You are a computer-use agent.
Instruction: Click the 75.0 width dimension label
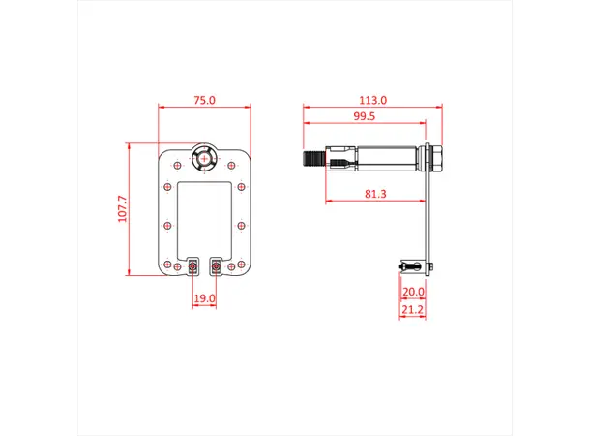(x=204, y=100)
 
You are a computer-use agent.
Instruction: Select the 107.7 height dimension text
(x=123, y=209)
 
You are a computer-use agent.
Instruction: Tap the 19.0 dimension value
(x=204, y=299)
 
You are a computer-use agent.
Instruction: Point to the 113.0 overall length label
(x=372, y=100)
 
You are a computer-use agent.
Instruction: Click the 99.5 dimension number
(x=365, y=116)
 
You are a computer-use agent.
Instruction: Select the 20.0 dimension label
(x=413, y=291)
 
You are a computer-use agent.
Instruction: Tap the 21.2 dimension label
(x=413, y=311)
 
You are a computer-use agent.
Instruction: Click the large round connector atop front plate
(x=205, y=158)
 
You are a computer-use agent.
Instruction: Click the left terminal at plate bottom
(x=193, y=265)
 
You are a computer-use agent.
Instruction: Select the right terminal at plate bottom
(x=216, y=265)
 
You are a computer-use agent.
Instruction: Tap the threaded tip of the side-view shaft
(x=312, y=157)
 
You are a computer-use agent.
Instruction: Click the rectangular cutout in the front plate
(x=204, y=215)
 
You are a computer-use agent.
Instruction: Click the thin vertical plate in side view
(x=427, y=213)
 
